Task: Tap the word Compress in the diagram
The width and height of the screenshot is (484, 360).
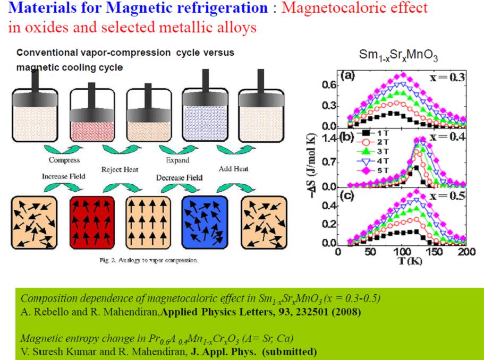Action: tap(64, 160)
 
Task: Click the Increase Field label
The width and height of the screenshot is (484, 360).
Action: tap(64, 176)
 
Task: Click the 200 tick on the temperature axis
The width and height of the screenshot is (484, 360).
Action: tap(466, 251)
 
